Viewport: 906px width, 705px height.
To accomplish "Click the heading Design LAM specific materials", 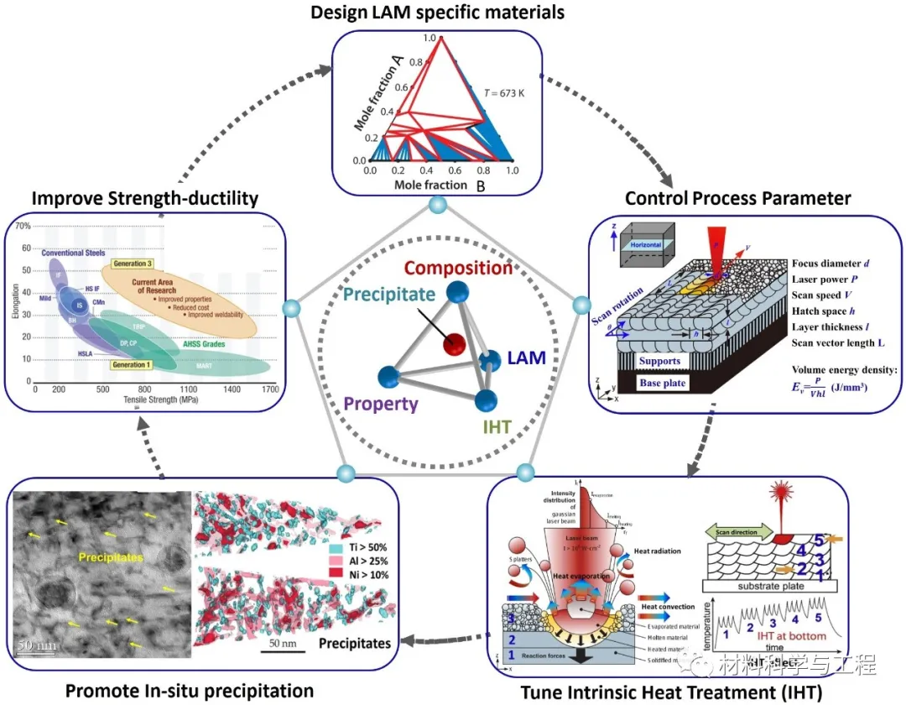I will (x=437, y=13).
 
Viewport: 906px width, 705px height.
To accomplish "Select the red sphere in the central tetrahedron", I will (x=454, y=343).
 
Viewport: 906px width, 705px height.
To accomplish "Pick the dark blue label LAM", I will (x=527, y=358).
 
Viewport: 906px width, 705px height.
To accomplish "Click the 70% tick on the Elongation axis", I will (x=22, y=227).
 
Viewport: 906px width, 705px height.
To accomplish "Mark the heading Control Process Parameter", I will (x=737, y=198).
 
